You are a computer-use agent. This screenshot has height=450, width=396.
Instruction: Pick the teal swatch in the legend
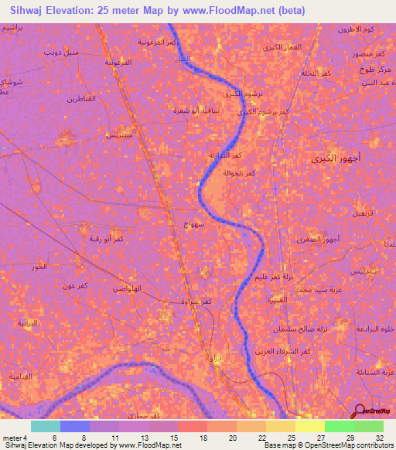[x=46, y=426]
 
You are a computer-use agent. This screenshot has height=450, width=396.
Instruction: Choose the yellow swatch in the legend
[x=310, y=426]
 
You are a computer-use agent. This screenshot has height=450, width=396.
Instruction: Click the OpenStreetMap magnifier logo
[x=359, y=410]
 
